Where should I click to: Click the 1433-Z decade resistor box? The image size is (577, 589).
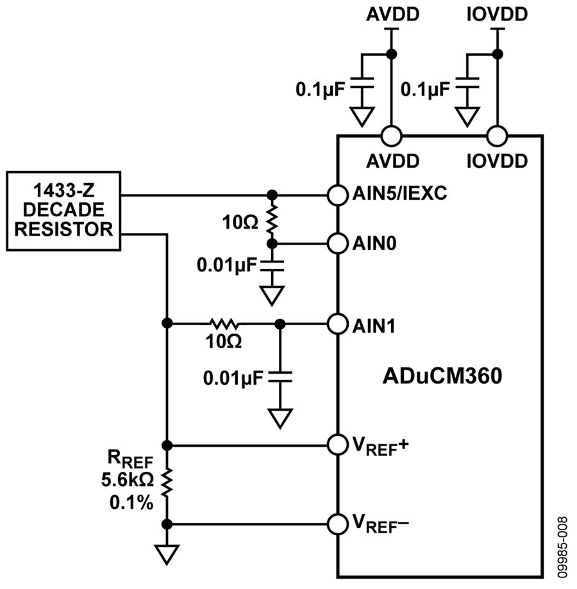[63, 211]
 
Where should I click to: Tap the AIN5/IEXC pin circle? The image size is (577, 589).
[337, 195]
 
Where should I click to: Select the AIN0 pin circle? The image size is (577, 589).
[337, 244]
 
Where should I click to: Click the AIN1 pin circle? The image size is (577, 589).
[337, 324]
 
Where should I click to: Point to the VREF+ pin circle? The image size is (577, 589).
[337, 445]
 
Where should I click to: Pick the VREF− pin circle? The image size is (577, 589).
[337, 524]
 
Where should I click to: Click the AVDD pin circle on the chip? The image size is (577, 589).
[392, 136]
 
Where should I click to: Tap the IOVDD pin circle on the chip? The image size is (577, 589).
[498, 136]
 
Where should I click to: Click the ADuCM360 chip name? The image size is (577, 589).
[442, 376]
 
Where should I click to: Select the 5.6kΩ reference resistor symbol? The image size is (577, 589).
[167, 485]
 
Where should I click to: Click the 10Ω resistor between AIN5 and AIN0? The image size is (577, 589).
[272, 220]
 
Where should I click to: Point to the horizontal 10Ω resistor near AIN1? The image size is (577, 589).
[224, 323]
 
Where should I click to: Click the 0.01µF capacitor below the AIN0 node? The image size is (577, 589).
[272, 265]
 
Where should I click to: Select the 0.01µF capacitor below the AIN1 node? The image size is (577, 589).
[280, 376]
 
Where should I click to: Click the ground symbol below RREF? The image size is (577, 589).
[167, 554]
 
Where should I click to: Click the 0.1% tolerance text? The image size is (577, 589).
[131, 503]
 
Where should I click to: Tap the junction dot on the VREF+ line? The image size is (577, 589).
[167, 446]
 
